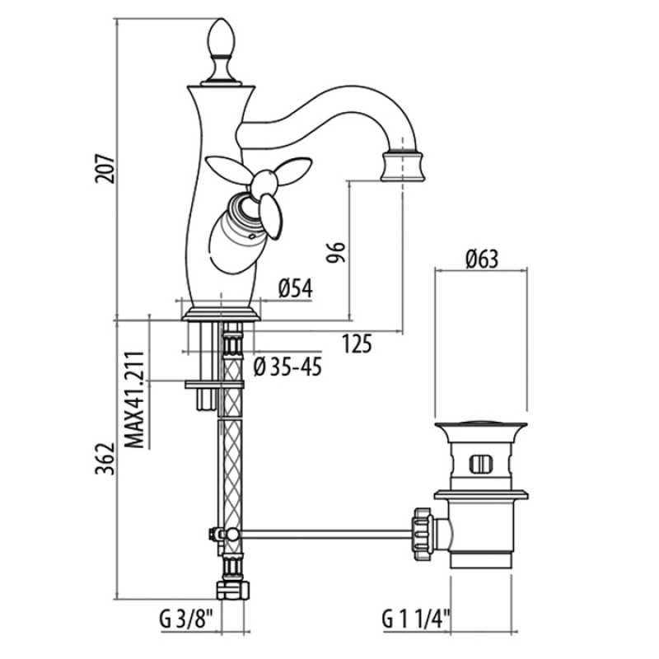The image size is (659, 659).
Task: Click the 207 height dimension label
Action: click(x=104, y=170)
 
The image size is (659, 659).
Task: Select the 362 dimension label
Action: click(x=104, y=459)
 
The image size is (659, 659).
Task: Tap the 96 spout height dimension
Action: click(x=336, y=252)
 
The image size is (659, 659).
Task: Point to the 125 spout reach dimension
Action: click(x=357, y=344)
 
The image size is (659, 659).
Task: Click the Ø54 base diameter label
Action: click(x=296, y=289)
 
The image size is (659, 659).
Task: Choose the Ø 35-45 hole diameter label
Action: click(x=287, y=367)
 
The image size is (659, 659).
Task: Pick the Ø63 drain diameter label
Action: click(x=482, y=259)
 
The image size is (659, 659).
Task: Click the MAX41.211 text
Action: click(x=135, y=400)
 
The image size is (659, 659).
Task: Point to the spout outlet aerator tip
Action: click(x=403, y=166)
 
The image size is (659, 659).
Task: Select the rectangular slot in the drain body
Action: click(x=481, y=464)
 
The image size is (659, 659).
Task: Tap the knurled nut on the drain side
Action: click(x=422, y=533)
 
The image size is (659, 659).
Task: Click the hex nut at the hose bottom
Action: click(x=232, y=590)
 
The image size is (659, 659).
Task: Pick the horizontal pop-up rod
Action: click(x=325, y=534)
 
